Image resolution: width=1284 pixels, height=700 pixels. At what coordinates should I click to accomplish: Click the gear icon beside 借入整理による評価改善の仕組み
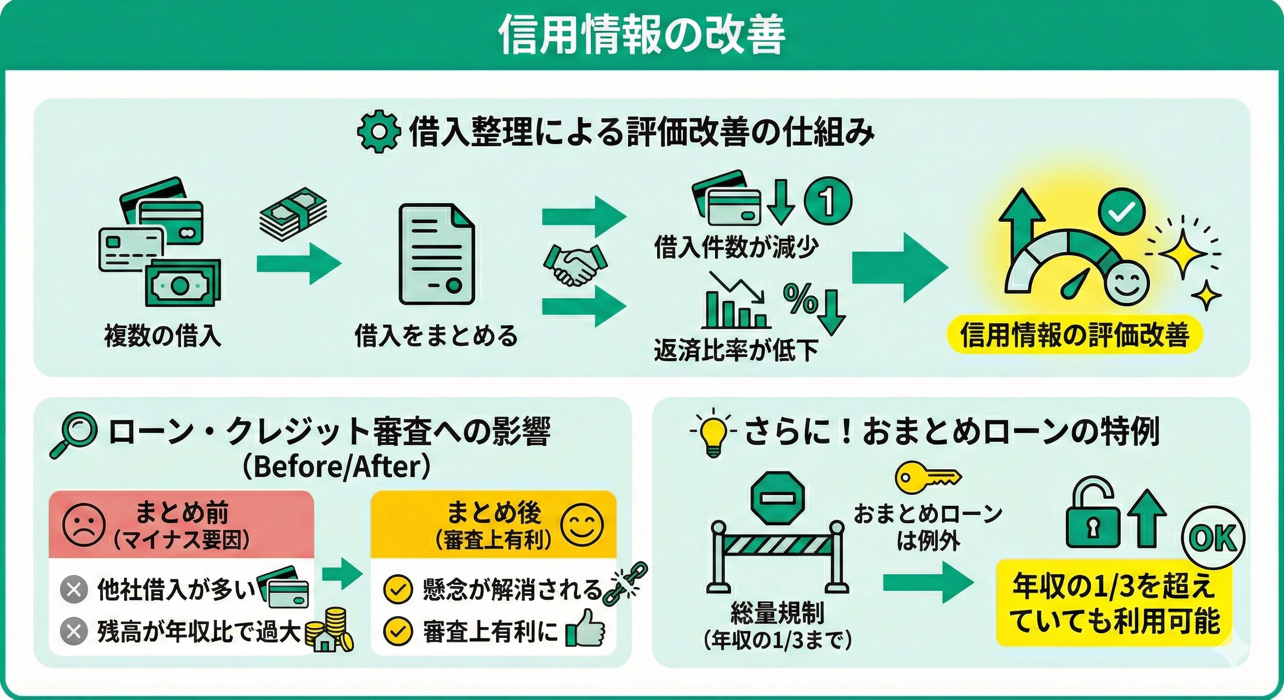[379, 130]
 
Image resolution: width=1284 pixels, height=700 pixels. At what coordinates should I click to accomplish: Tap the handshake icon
[575, 265]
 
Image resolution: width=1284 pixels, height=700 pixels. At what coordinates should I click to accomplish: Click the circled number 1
[828, 201]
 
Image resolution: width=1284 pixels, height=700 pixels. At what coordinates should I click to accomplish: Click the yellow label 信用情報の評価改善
[1074, 335]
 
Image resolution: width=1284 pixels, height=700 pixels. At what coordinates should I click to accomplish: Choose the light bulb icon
[713, 432]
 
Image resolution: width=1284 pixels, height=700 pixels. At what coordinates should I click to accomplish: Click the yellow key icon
[927, 476]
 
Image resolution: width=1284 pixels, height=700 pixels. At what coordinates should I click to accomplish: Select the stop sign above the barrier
[777, 498]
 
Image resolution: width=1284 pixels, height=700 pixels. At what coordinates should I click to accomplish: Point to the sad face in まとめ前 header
[84, 526]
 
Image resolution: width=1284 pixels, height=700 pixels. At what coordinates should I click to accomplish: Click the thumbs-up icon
[586, 629]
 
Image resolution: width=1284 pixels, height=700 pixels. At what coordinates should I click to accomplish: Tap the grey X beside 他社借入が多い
[74, 590]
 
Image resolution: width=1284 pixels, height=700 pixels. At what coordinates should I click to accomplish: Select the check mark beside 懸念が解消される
[398, 590]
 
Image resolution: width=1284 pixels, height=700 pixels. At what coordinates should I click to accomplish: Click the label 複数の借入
[162, 335]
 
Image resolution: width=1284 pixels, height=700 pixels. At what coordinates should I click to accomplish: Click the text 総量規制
[777, 612]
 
